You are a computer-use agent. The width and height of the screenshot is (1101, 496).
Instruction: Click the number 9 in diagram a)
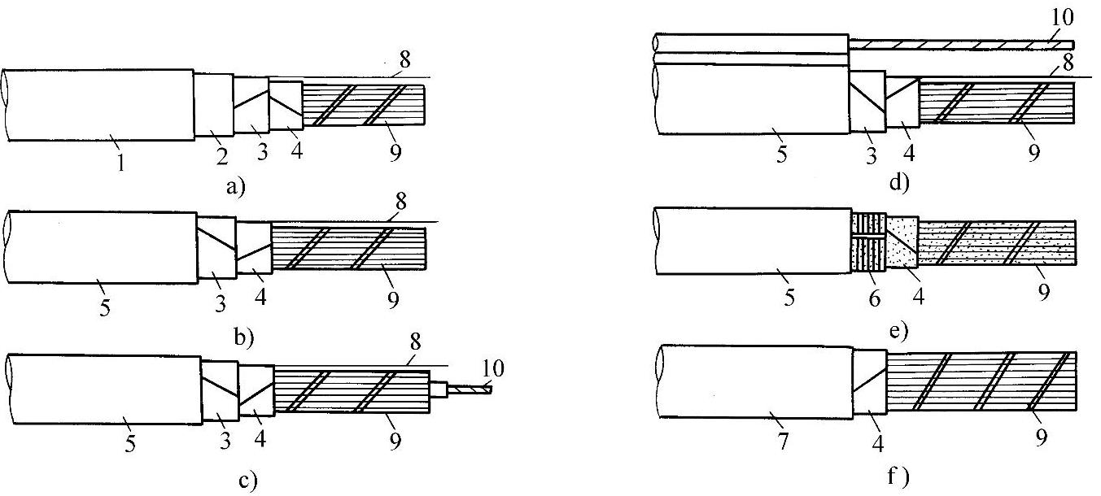pyautogui.click(x=395, y=151)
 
